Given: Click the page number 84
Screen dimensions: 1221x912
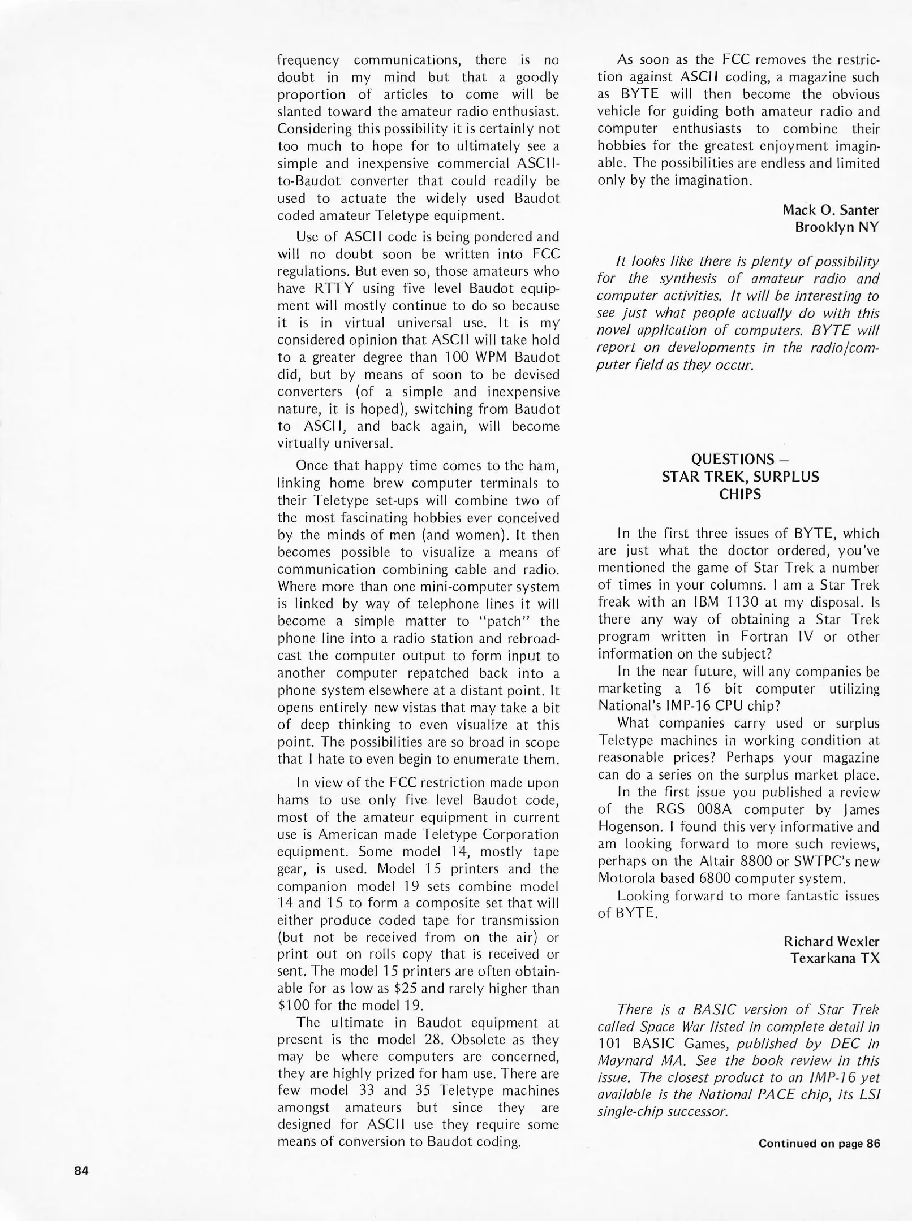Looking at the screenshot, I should coord(81,1171).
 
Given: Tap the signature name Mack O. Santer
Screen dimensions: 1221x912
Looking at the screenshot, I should coord(831,210).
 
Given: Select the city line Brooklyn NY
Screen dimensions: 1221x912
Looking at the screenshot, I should coord(837,227).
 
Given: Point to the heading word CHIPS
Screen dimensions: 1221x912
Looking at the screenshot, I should coord(740,494).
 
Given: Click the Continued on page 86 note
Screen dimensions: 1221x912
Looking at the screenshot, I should coord(819,1143).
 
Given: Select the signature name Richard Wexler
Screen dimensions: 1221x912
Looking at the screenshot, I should coord(831,941).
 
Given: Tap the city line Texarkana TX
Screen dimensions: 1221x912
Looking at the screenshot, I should coord(835,958).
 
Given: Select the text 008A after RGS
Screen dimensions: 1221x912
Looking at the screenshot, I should coord(715,809).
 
